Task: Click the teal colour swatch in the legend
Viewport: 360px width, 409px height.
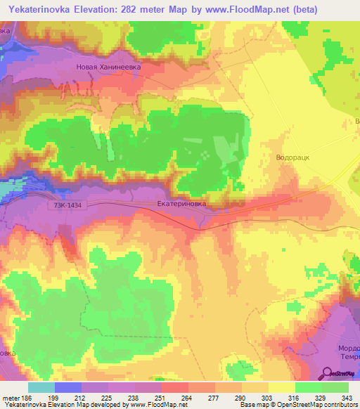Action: pyautogui.click(x=41, y=387)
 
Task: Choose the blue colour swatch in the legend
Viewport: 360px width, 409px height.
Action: pyautogui.click(x=68, y=387)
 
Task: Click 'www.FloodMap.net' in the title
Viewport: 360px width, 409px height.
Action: pyautogui.click(x=231, y=10)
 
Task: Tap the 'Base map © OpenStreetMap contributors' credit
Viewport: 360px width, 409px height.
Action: pyautogui.click(x=297, y=404)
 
